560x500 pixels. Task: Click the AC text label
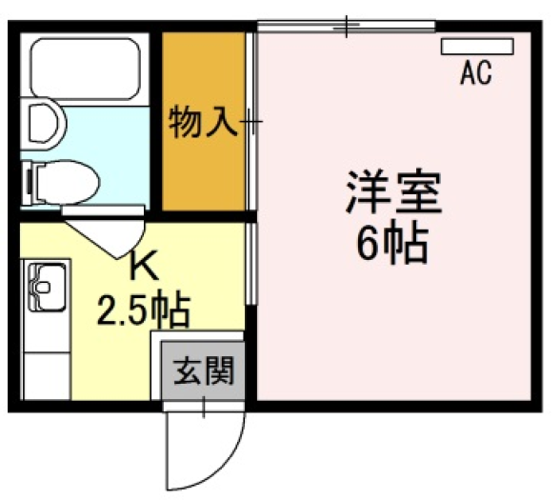point(475,72)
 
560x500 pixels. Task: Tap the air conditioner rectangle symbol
point(477,47)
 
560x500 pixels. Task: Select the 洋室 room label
point(394,192)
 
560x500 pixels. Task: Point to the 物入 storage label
point(204,122)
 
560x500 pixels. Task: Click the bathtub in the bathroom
point(85,69)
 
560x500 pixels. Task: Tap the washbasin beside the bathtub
point(43,123)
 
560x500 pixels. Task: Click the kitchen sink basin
point(47,288)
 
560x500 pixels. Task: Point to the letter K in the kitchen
point(144,265)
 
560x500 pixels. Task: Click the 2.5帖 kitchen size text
point(143,310)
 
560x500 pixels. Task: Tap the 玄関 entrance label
point(203,370)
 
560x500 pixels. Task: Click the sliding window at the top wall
point(347,26)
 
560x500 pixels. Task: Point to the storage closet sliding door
point(251,122)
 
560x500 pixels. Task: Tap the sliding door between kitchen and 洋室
point(251,264)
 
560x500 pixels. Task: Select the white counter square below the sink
point(47,376)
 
